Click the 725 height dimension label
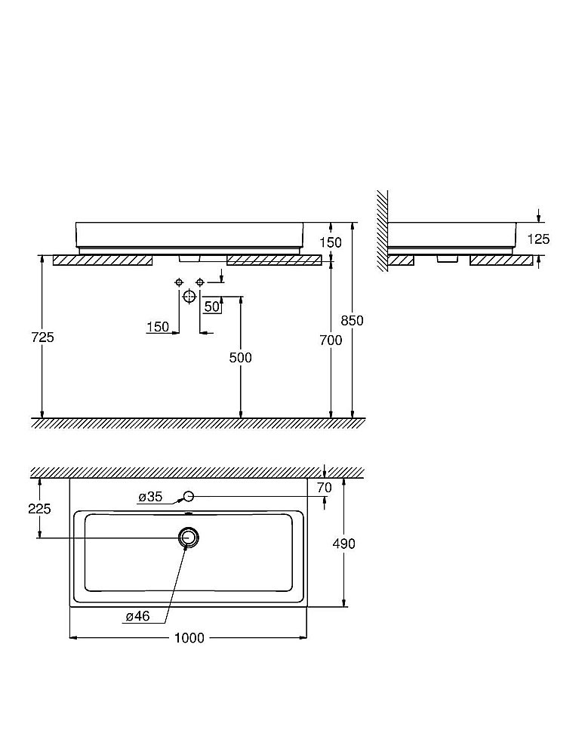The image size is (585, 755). pos(43,337)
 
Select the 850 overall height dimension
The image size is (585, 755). pos(352,320)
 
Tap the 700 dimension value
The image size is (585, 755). pos(331,341)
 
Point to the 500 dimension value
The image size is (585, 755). pos(241,357)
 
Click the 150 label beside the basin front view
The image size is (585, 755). pos(331,242)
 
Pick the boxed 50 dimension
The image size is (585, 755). pos(211,307)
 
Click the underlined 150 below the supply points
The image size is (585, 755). pos(158,326)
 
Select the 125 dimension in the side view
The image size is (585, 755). pos(539,239)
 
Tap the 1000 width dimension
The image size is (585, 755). pos(189,638)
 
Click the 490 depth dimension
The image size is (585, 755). pos(344,543)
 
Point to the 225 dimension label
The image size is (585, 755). pos(39,509)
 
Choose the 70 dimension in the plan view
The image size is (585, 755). pos(324,488)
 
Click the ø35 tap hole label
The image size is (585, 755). pos(150,497)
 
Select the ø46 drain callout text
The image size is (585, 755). pos(138,616)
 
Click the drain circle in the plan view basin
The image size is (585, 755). pos(188,538)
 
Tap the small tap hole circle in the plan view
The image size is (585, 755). pos(189,496)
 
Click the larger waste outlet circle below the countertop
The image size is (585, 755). pos(189,296)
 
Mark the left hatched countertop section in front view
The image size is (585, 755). pos(103,260)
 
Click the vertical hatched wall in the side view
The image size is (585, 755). pos(383,226)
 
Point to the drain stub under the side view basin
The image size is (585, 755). pos(447,258)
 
